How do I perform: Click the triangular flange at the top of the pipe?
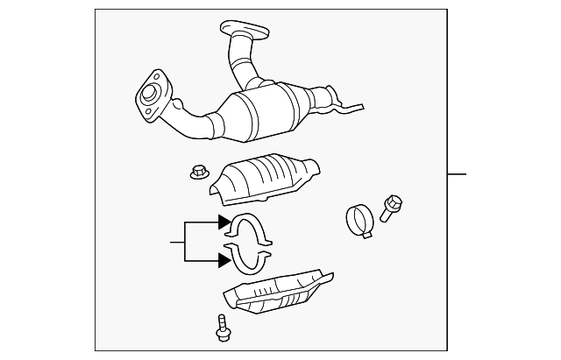pyautogui.click(x=245, y=30)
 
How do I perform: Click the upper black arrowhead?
pyautogui.click(x=224, y=223)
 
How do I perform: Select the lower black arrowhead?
pyautogui.click(x=224, y=259)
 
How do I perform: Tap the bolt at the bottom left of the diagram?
pyautogui.click(x=220, y=328)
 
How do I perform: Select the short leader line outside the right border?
pyautogui.click(x=457, y=174)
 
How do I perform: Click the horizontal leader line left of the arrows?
pyautogui.click(x=177, y=242)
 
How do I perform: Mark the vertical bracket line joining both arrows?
pyautogui.click(x=185, y=242)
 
